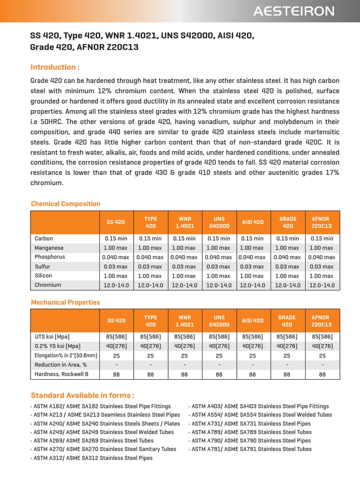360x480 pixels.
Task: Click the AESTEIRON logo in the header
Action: point(294,11)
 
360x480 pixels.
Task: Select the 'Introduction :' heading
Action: point(55,67)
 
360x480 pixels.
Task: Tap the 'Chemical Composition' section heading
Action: point(65,204)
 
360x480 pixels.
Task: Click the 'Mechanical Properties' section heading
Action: point(65,302)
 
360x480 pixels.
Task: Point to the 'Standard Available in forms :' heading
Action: point(82,395)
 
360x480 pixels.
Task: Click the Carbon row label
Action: point(44,239)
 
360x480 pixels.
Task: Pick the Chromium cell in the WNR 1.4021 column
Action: point(184,285)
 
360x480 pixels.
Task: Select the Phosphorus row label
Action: point(50,257)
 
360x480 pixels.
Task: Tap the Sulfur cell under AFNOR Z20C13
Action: point(321,266)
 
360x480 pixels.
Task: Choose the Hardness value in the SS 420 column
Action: point(116,374)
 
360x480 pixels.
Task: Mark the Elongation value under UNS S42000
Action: point(219,355)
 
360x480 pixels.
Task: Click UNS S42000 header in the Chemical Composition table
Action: point(219,222)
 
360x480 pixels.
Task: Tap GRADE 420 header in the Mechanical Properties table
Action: point(287,321)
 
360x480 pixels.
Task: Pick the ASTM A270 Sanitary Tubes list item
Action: point(104,449)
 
